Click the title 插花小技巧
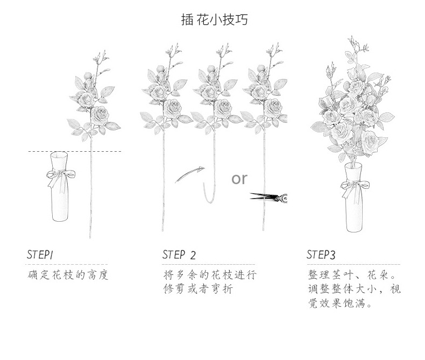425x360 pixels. [x=214, y=20]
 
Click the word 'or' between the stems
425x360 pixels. [x=240, y=178]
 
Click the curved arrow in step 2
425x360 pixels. [x=190, y=174]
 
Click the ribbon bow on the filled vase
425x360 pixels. [x=355, y=185]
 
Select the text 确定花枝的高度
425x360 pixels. [x=68, y=276]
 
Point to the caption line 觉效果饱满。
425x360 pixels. [x=340, y=303]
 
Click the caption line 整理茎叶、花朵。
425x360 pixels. [x=353, y=276]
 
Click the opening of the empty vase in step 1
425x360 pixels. [x=59, y=156]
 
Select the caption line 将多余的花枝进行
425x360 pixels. [x=210, y=276]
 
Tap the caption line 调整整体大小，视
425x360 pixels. [x=354, y=290]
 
